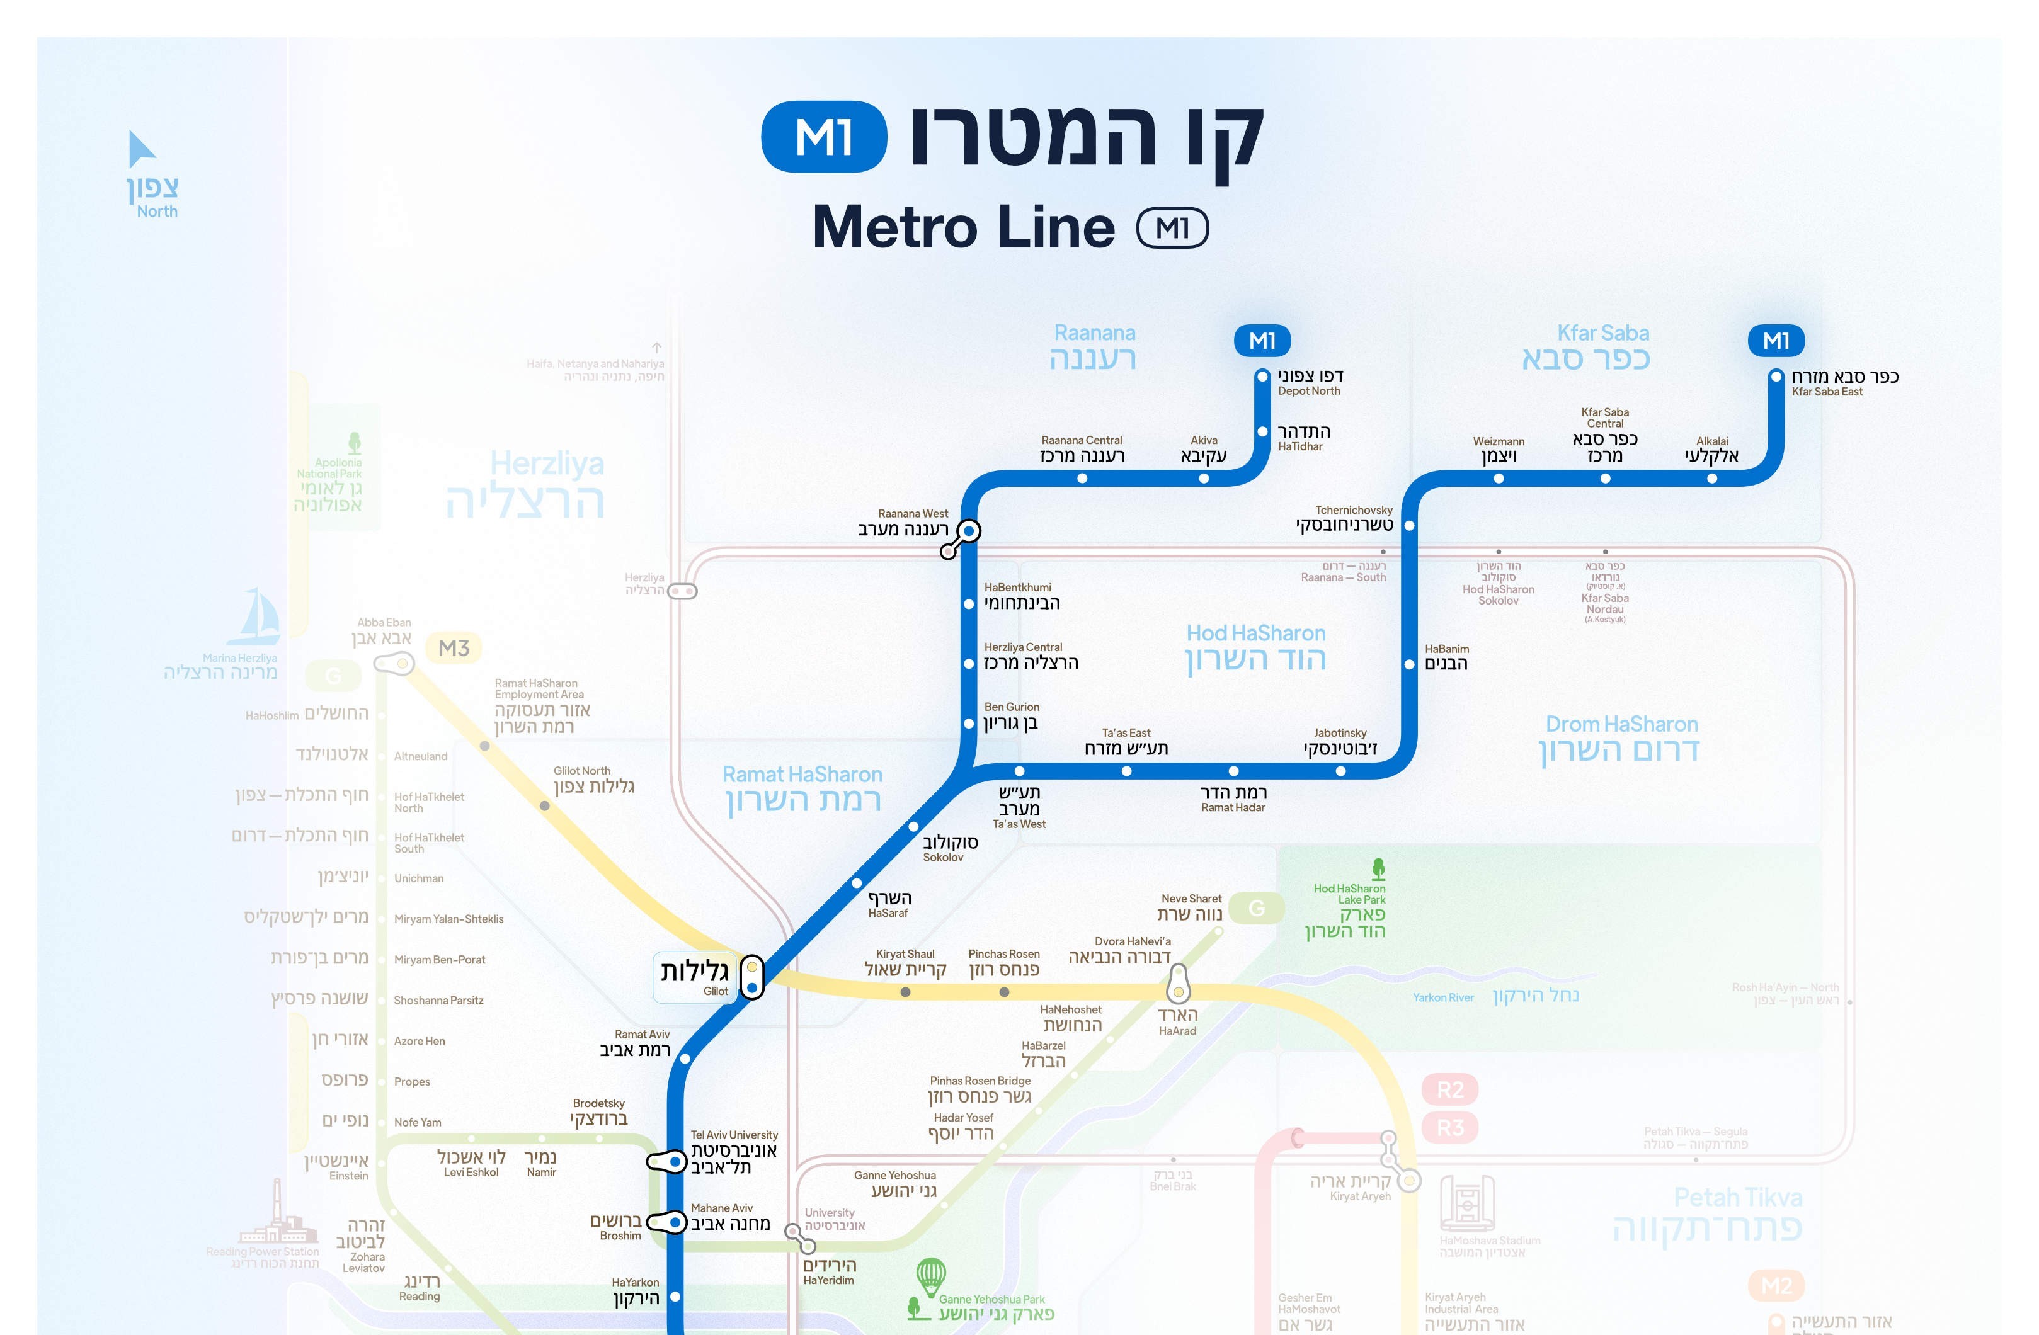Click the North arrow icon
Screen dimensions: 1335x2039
pyautogui.click(x=140, y=149)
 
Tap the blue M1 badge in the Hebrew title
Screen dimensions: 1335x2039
pyautogui.click(x=823, y=137)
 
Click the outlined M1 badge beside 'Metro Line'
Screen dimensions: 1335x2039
pyautogui.click(x=1172, y=228)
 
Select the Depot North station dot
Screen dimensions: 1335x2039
pyautogui.click(x=1262, y=376)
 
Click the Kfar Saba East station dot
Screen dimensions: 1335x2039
pyautogui.click(x=1776, y=377)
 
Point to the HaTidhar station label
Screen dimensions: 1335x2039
pyautogui.click(x=1303, y=438)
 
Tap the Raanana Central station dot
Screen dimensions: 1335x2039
pyautogui.click(x=1082, y=479)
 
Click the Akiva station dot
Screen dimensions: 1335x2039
pyautogui.click(x=1204, y=479)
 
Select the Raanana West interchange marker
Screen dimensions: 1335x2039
pyautogui.click(x=968, y=531)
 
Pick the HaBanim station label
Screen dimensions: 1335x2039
pyautogui.click(x=1446, y=657)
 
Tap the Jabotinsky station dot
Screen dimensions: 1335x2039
pyautogui.click(x=1341, y=771)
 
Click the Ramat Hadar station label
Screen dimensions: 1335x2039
pyautogui.click(x=1233, y=798)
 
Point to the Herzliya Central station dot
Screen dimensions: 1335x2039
pyautogui.click(x=969, y=664)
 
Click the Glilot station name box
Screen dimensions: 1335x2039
pyautogui.click(x=695, y=976)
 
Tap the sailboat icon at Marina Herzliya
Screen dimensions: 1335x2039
pyautogui.click(x=255, y=616)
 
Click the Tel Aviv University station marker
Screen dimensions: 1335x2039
pyautogui.click(x=675, y=1162)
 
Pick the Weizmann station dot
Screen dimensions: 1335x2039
pyautogui.click(x=1499, y=479)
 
